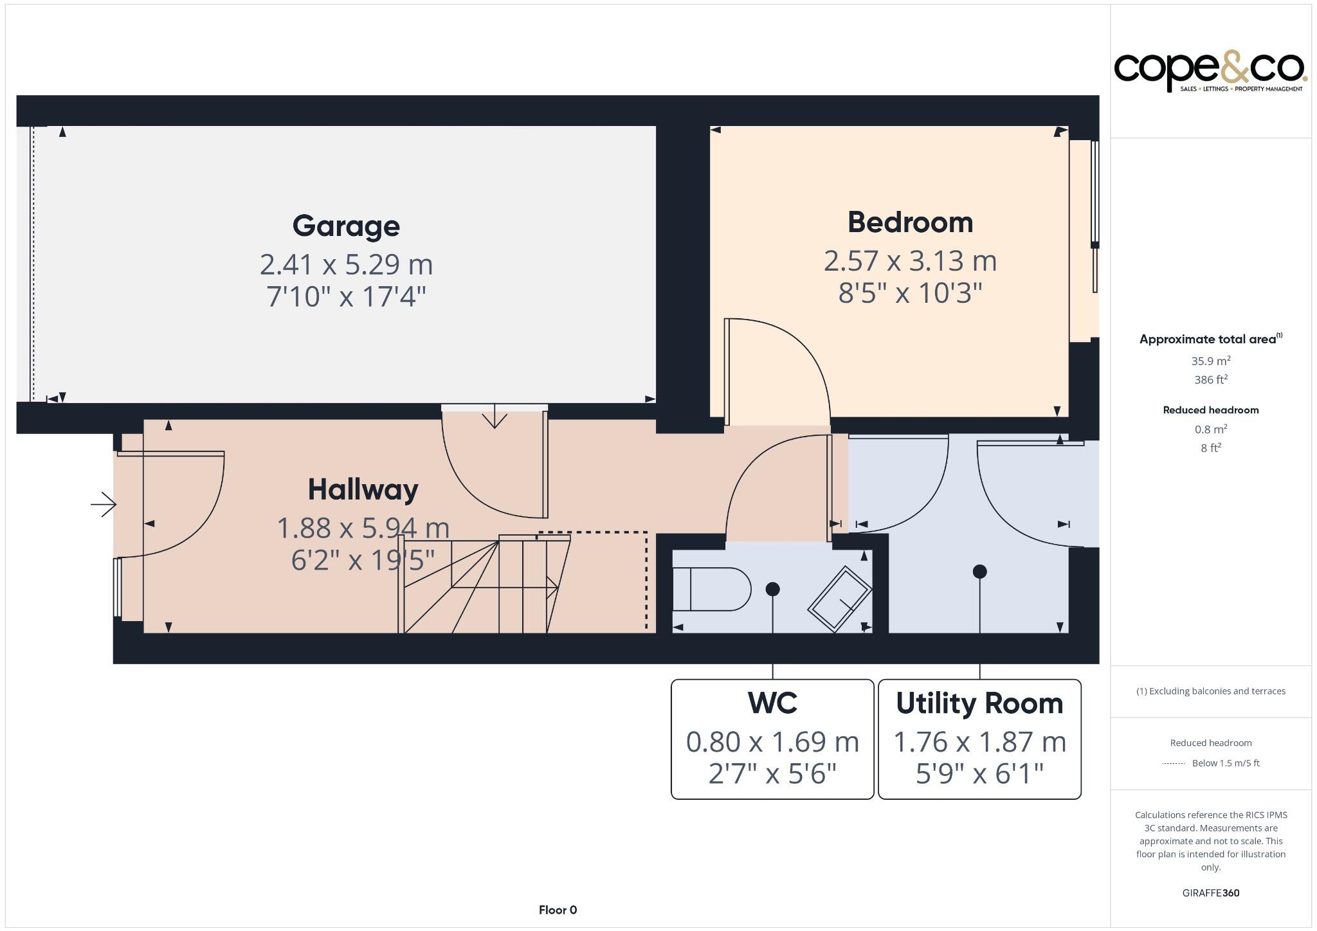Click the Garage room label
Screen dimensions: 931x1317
point(346,226)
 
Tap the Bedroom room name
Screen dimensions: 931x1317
point(910,222)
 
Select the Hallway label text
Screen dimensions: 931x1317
point(363,490)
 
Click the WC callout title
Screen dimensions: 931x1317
point(772,703)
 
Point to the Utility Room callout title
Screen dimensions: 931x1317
point(979,703)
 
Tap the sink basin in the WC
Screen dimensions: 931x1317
point(839,599)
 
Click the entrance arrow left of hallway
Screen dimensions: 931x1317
point(103,505)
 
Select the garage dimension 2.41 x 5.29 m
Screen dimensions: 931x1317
point(346,264)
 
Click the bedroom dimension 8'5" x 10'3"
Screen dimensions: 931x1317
point(910,293)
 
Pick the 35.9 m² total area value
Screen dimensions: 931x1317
point(1210,361)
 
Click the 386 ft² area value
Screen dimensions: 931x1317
point(1210,379)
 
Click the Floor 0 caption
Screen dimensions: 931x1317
point(558,910)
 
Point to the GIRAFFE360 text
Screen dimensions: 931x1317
point(1210,893)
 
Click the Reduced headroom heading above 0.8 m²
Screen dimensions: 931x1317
point(1210,410)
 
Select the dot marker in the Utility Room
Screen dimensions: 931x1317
point(979,571)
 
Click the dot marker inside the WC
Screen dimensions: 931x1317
point(773,589)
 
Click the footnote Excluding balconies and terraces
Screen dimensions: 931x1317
point(1210,691)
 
